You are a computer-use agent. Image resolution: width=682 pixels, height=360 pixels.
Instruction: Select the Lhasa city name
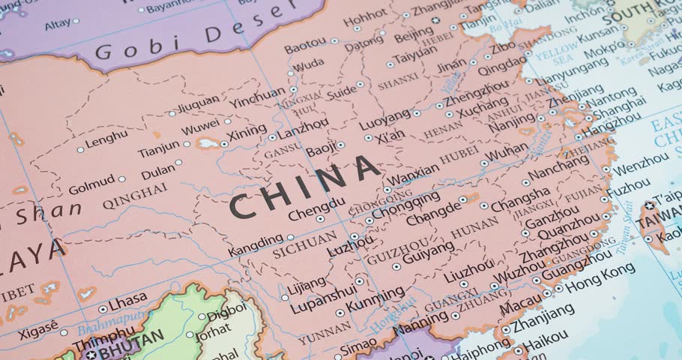127,302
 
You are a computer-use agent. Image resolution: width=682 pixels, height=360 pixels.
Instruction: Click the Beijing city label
413,34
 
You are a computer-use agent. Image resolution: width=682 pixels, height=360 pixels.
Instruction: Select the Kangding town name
256,244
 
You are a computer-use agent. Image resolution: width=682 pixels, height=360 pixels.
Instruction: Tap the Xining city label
246,135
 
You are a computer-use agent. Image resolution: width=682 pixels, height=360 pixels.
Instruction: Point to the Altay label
58,24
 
